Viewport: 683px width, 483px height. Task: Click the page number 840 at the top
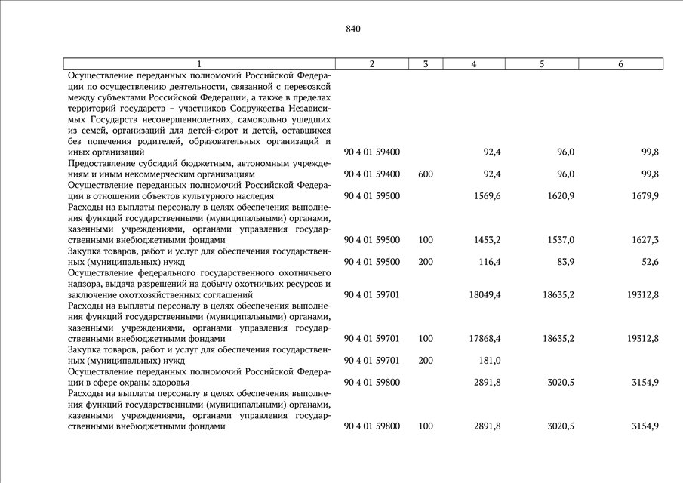click(353, 29)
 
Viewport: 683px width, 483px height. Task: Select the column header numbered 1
click(199, 64)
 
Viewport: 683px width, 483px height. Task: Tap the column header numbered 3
click(426, 64)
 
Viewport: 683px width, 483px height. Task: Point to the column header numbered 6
click(620, 64)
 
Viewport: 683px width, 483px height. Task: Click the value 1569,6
click(488, 196)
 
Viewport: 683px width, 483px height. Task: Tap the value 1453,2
click(488, 240)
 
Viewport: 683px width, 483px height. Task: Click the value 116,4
click(490, 262)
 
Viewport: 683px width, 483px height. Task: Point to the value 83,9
click(565, 262)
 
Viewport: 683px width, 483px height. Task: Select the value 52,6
click(649, 262)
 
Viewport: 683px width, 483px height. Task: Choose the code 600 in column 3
click(426, 174)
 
